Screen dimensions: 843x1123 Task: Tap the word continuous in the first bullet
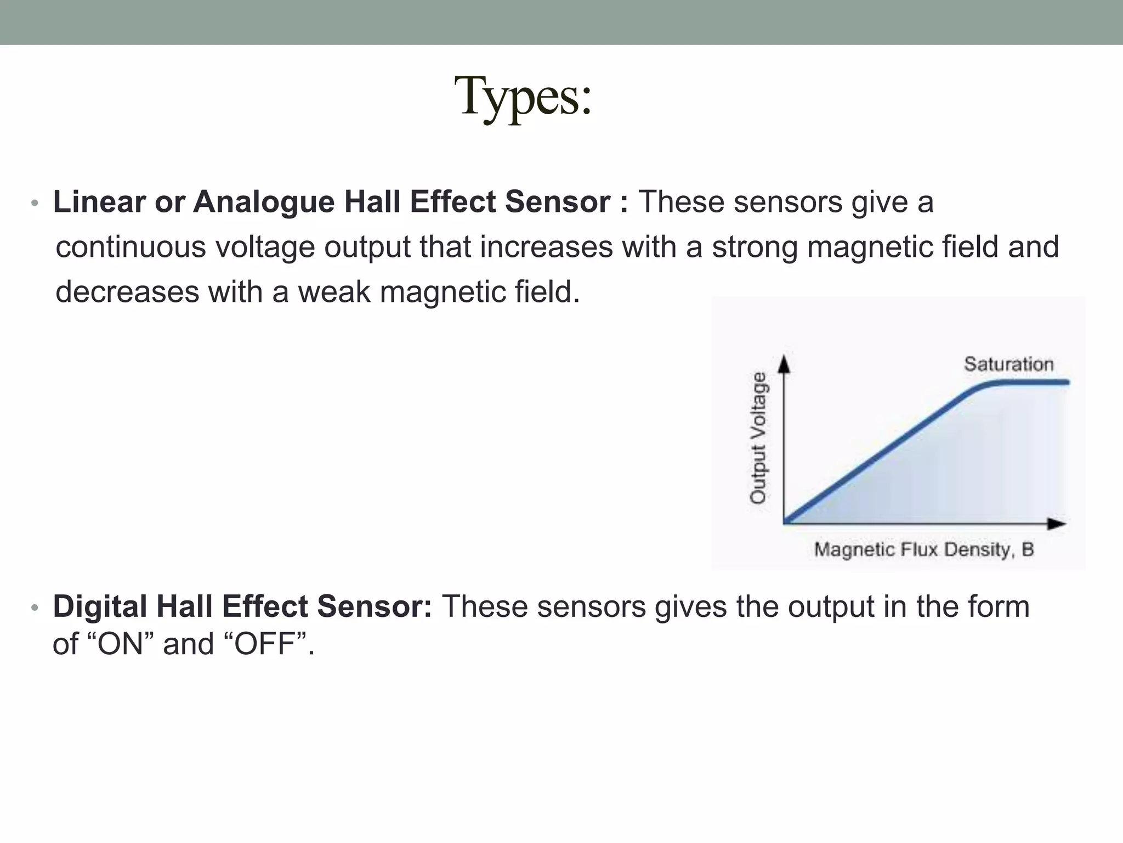point(131,247)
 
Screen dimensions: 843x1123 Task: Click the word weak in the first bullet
point(334,292)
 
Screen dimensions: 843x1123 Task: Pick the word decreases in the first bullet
point(127,292)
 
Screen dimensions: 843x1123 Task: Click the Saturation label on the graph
point(1008,364)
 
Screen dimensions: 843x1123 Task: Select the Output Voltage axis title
point(758,437)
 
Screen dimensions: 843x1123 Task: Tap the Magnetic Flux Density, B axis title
point(923,549)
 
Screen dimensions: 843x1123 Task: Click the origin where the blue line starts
point(785,521)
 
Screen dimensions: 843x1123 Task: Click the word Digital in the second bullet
point(100,607)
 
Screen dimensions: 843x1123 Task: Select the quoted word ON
point(120,644)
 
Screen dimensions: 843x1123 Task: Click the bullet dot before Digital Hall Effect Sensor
point(35,608)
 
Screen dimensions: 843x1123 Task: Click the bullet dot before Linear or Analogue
point(35,204)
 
